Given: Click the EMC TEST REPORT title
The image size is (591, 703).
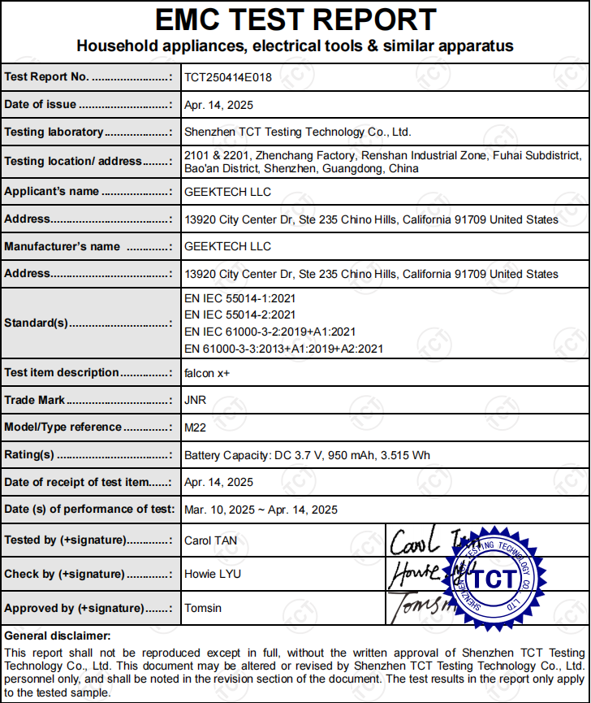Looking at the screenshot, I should tap(295, 20).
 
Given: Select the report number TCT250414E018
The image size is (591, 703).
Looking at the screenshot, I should tap(228, 77).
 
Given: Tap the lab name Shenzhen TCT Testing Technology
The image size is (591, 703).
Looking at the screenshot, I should tap(298, 132).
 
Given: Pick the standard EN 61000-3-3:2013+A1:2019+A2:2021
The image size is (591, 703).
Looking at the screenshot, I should tap(284, 349).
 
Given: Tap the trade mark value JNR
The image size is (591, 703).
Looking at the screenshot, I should tap(196, 400).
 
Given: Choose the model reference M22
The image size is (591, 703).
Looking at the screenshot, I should tap(196, 427).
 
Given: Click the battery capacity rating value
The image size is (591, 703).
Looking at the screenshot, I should tap(308, 455).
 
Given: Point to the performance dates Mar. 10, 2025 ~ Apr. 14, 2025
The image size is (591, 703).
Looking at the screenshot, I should tap(261, 510).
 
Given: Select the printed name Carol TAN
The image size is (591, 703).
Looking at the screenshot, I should tap(210, 540).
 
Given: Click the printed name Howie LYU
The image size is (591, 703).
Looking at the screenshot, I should tap(213, 574).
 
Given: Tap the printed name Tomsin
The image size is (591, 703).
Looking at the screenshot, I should tap(203, 608).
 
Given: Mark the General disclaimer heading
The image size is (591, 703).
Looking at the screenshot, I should tap(57, 636).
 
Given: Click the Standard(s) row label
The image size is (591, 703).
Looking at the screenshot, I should tap(37, 323).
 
